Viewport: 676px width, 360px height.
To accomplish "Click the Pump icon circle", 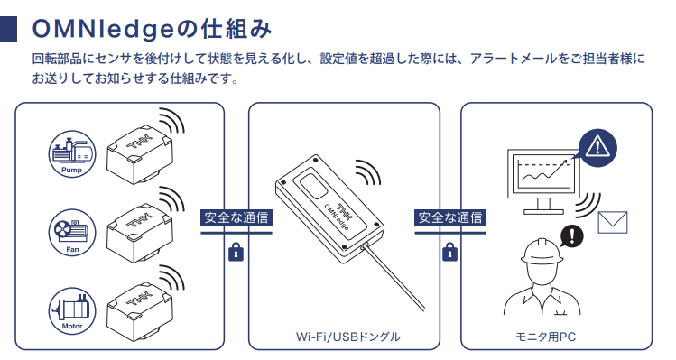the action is tap(71, 154).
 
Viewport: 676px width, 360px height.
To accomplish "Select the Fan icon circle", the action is tap(71, 234).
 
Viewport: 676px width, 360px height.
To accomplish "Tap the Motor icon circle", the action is tap(71, 311).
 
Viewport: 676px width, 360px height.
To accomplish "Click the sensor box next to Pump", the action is tap(139, 154).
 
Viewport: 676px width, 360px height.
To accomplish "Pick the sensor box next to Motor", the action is tap(139, 312).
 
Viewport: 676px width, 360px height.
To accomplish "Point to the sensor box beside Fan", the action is tap(139, 234).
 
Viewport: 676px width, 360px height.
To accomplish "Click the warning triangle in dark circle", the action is tap(597, 148).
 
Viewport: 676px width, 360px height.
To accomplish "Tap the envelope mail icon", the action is tap(612, 222).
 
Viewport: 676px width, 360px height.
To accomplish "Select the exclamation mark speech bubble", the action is tap(571, 236).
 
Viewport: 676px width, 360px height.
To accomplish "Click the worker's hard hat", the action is tap(542, 251).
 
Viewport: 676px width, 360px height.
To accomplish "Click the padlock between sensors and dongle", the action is tap(236, 253).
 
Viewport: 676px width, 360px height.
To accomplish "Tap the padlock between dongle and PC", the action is tap(449, 253).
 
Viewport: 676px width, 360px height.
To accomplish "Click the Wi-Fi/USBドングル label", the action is tap(347, 337).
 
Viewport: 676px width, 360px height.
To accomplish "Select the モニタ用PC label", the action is tap(546, 337).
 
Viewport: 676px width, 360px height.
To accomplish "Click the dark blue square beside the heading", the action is tap(8, 29).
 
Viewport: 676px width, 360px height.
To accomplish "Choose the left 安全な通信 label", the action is tap(236, 217).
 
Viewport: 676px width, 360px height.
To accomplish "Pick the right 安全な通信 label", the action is tap(450, 217).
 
